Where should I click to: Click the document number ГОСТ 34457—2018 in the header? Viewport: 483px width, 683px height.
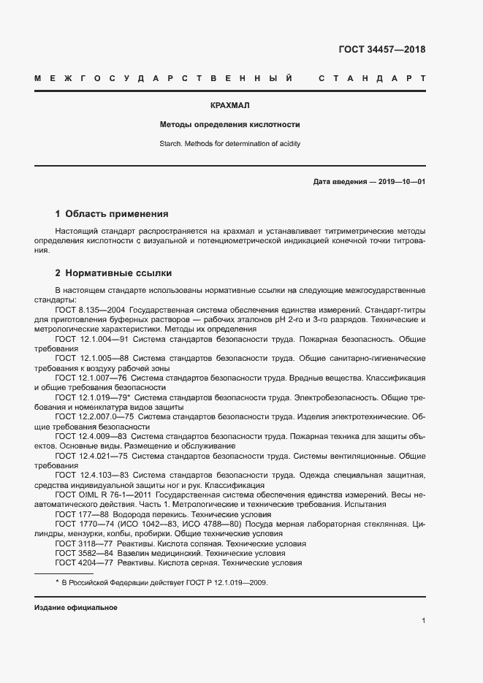(381, 50)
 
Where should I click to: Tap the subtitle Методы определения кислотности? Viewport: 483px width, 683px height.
(230, 125)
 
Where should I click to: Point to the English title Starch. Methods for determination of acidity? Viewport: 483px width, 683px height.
(230, 144)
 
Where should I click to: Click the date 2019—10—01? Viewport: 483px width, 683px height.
(400, 181)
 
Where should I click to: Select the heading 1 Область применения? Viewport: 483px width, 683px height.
(112, 214)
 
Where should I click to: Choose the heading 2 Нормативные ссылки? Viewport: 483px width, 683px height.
(113, 274)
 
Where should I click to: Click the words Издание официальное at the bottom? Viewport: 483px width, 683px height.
(76, 608)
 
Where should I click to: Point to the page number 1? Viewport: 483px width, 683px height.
(423, 620)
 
